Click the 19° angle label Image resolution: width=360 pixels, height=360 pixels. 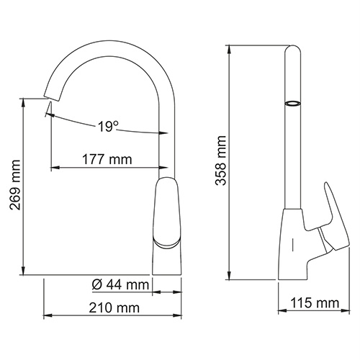107,127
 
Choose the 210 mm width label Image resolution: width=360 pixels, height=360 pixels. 113,308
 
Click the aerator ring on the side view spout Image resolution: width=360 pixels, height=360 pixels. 292,104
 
